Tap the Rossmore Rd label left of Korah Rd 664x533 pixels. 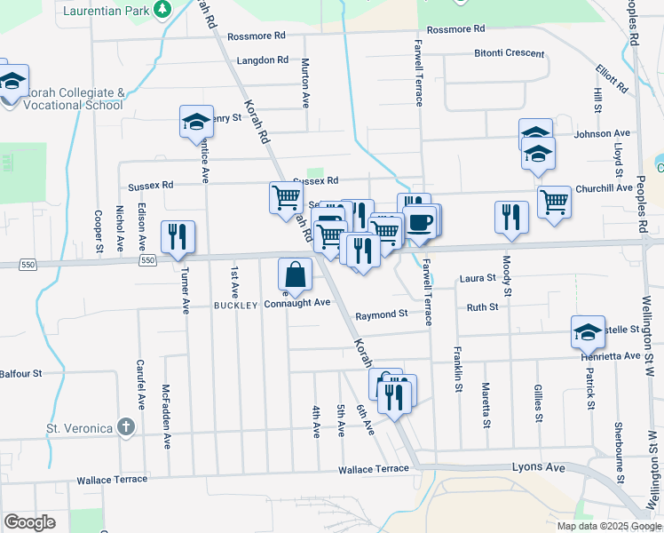click(256, 36)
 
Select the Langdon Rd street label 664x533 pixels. click(263, 60)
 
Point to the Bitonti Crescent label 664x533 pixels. click(509, 53)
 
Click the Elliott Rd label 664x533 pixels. click(612, 79)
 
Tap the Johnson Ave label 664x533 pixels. click(602, 134)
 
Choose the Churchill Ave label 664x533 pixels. click(604, 187)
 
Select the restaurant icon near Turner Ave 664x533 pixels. click(178, 236)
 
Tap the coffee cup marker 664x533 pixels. click(421, 220)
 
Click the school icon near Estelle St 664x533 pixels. click(588, 332)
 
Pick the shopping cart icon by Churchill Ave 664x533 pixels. click(554, 202)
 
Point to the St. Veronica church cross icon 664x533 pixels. click(126, 427)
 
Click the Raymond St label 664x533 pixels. click(382, 314)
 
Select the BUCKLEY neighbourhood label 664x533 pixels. click(235, 305)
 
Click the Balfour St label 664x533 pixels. click(20, 374)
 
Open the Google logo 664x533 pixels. click(30, 521)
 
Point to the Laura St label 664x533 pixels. click(478, 278)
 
